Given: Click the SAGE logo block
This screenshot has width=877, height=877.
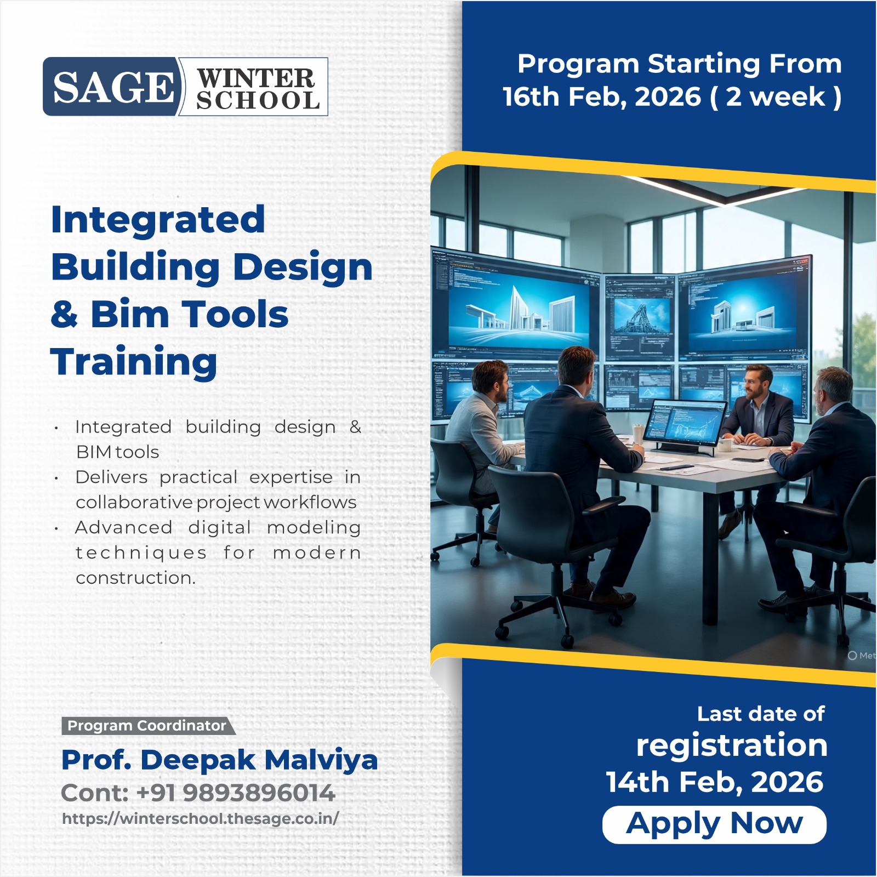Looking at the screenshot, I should (x=112, y=87).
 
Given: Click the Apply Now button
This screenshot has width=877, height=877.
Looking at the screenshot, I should (x=714, y=824).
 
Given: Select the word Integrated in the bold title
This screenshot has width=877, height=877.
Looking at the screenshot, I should (x=158, y=219).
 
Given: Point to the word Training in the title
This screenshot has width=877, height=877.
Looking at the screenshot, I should (x=134, y=362).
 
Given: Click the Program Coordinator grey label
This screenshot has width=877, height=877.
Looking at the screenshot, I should (x=146, y=726).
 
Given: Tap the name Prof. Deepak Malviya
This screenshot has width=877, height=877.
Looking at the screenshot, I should (x=219, y=760).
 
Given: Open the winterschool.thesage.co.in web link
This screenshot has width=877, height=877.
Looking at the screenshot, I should (x=201, y=818).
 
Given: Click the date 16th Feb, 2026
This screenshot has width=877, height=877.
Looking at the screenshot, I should (x=601, y=97).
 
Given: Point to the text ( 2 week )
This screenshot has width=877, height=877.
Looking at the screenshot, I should (x=775, y=97).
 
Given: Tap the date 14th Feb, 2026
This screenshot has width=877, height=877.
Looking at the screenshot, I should (x=714, y=782).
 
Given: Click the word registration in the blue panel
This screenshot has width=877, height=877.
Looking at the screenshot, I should (x=731, y=745).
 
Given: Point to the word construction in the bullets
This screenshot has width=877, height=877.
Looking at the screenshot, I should (x=135, y=578).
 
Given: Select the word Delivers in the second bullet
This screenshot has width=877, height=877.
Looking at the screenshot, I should (x=111, y=477).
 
